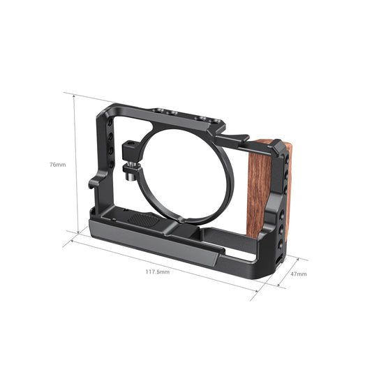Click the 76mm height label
click(59, 165)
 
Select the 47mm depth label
click(299, 274)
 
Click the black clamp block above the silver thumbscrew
click(130, 149)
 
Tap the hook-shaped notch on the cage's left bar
click(94, 183)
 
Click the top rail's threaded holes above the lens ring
click(178, 115)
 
